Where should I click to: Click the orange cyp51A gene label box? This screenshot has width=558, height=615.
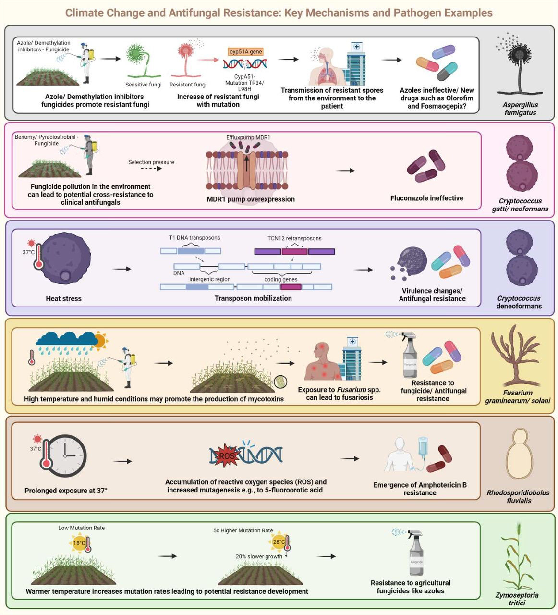(246, 52)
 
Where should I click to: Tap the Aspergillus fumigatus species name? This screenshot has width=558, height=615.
(520, 109)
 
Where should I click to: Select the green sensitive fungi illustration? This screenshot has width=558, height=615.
(138, 60)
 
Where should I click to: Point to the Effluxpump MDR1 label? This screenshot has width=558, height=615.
(248, 137)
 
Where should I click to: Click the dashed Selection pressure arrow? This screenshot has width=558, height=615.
(151, 169)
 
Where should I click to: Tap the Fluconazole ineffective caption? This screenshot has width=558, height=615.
(426, 198)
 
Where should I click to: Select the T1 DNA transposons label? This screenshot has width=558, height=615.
(194, 238)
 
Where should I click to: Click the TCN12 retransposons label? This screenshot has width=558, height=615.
(294, 238)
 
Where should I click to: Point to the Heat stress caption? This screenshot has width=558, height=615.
(63, 298)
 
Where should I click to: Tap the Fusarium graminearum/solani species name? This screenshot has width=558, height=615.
(518, 396)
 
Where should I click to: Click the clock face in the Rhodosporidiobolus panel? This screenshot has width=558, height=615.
(68, 456)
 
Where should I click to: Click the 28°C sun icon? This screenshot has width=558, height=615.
(279, 542)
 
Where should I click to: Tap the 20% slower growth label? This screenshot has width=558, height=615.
(259, 556)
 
